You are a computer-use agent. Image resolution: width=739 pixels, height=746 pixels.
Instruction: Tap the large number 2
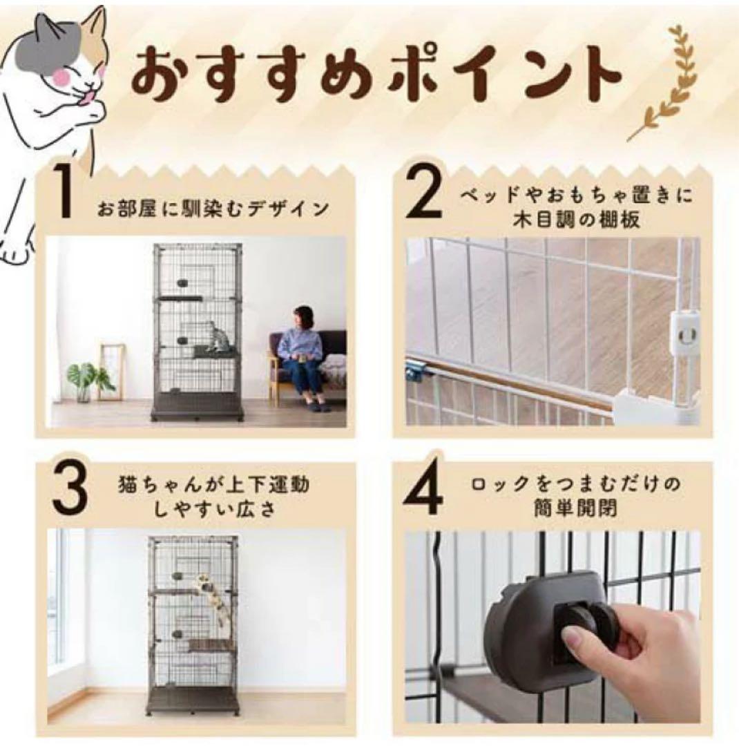pos(425,191)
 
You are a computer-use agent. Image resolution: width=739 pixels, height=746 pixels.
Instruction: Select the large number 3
pos(70,490)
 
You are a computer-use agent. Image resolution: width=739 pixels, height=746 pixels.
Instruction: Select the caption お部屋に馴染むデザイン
pos(213,209)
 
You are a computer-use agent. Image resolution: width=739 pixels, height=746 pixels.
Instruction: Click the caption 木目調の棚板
pos(576,220)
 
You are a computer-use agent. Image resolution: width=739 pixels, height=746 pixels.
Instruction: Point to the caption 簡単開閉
pos(575,508)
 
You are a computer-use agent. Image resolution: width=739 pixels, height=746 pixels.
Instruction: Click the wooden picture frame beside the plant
pos(113,372)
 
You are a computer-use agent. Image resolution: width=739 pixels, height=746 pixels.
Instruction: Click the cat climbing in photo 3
pos(212,595)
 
